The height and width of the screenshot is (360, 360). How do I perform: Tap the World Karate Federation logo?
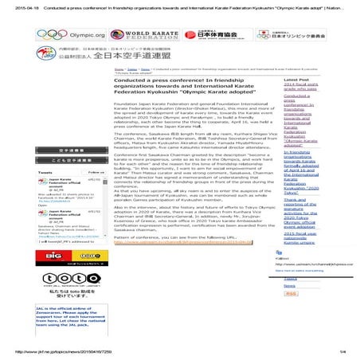[140, 35]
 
